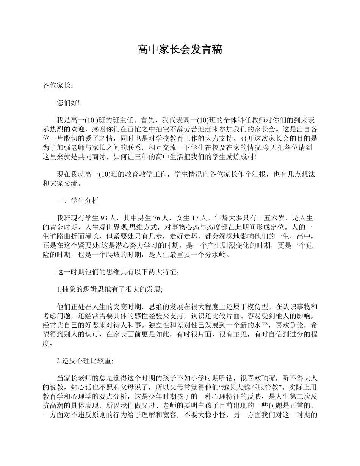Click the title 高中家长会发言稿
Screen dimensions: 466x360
(x=180, y=50)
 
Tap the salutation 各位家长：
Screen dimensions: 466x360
(x=56, y=86)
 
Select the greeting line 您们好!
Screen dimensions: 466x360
(x=68, y=103)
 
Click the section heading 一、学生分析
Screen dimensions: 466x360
(x=78, y=201)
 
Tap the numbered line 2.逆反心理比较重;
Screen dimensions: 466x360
(x=85, y=361)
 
